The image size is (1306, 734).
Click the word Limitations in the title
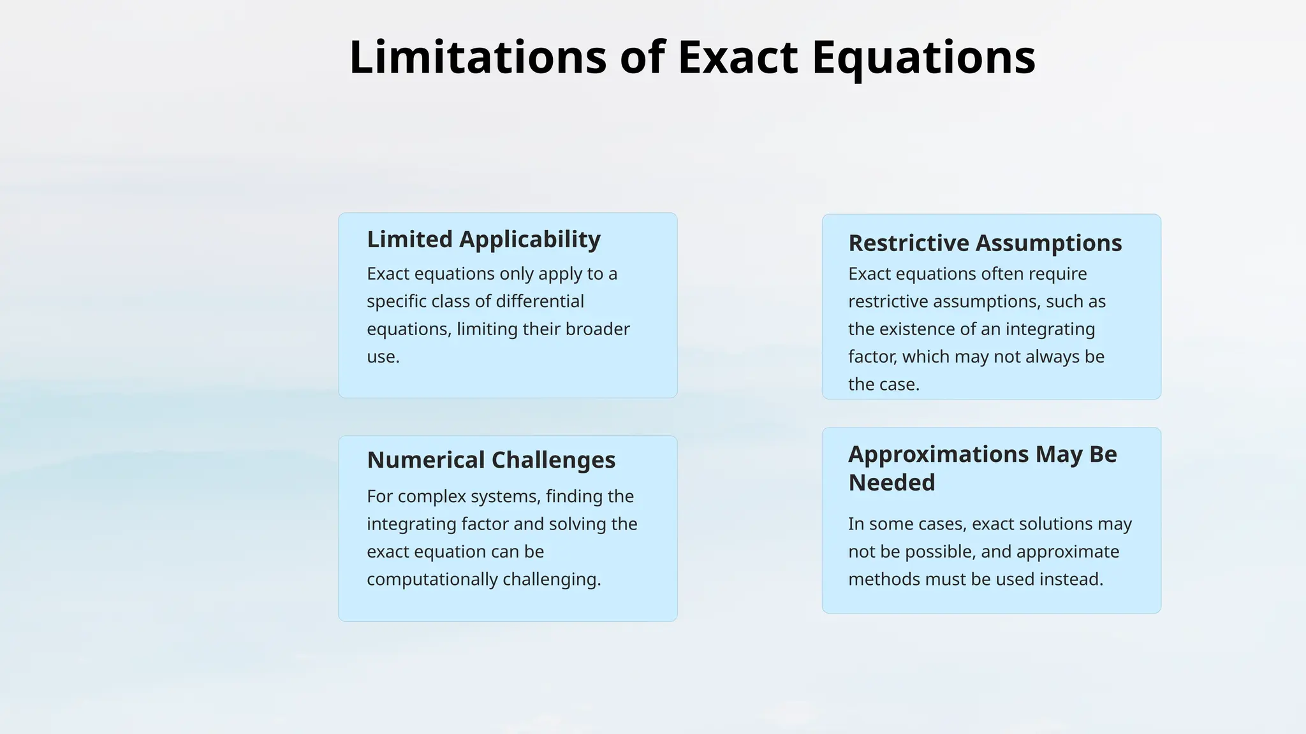(x=477, y=57)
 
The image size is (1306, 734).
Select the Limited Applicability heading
(x=483, y=240)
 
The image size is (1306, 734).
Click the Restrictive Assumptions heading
(x=985, y=243)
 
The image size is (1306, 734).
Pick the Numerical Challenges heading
(x=491, y=460)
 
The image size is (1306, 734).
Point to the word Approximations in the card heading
(x=938, y=454)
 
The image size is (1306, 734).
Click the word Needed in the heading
(x=891, y=482)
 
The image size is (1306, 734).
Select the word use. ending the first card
(x=383, y=357)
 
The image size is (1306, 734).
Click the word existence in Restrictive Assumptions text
(x=921, y=329)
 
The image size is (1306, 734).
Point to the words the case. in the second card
(x=883, y=384)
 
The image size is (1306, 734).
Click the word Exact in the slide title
(x=737, y=57)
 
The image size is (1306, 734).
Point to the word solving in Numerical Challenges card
(x=577, y=524)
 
